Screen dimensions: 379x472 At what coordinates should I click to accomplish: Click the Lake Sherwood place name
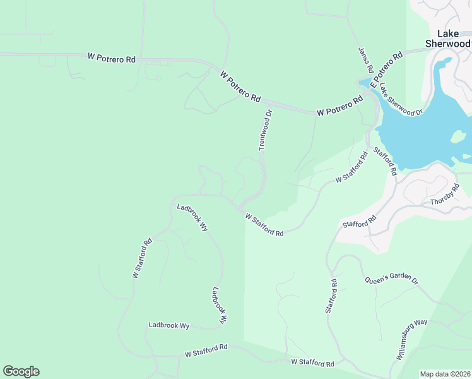[x=447, y=39]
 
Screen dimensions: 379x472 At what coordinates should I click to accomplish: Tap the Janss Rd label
[x=366, y=60]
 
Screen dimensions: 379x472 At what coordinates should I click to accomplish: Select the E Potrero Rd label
[x=386, y=69]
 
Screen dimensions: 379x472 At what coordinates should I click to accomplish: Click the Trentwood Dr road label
[x=266, y=130]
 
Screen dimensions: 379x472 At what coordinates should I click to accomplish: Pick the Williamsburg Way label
[x=411, y=339]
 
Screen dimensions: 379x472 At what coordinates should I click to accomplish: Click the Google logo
[x=21, y=371]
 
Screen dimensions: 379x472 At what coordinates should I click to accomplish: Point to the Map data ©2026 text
[x=445, y=374]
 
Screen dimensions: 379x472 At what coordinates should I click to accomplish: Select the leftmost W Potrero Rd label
[x=112, y=58]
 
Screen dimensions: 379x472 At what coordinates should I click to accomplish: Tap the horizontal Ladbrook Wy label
[x=169, y=325]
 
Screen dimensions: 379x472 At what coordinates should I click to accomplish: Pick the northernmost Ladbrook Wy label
[x=192, y=216]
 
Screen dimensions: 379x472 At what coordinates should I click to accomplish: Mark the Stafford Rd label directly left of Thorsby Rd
[x=359, y=221]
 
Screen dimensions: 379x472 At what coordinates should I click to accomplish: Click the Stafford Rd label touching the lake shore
[x=384, y=161]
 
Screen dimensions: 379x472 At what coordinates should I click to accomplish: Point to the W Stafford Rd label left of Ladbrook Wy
[x=143, y=258]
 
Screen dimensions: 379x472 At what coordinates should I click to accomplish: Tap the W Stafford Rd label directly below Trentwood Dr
[x=264, y=224]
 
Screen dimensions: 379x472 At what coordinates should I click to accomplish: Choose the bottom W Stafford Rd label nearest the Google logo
[x=206, y=350]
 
